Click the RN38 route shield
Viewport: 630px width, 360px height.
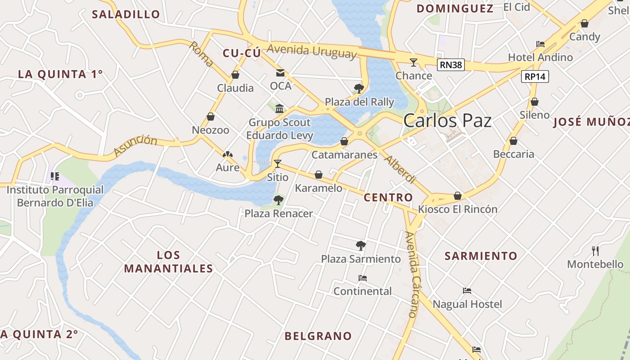451,65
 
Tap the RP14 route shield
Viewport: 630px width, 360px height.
535,76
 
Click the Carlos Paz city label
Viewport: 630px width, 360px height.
447,121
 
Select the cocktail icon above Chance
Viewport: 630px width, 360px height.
414,62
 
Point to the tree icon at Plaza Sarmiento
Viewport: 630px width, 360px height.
360,245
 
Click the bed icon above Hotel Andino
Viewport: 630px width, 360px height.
540,44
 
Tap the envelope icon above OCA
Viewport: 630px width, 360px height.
280,73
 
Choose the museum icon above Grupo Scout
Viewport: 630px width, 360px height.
279,108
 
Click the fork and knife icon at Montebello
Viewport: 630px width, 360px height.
595,251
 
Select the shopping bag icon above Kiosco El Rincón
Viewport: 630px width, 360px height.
458,196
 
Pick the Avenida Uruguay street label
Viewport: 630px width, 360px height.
311,50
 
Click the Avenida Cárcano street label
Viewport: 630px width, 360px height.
412,274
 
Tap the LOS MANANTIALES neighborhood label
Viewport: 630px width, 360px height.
168,262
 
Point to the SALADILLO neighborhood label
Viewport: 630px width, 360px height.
126,14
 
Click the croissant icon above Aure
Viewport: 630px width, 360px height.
228,154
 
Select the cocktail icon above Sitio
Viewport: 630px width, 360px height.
278,163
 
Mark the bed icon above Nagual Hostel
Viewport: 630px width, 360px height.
467,291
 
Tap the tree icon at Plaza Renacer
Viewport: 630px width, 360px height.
279,200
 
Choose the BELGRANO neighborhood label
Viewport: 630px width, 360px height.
318,336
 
